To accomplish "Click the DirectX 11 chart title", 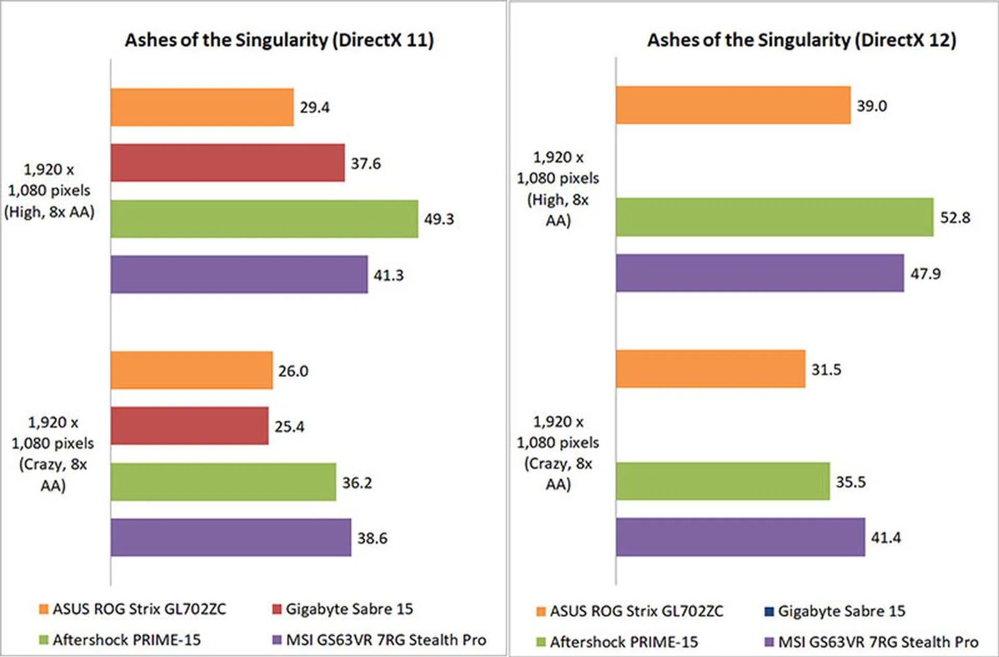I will tap(279, 40).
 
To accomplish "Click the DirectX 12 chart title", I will tap(802, 40).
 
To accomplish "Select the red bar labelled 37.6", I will tap(227, 163).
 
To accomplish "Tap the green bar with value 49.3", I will tap(264, 219).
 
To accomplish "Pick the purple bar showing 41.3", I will tap(239, 274).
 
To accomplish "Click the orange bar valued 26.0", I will tap(191, 370).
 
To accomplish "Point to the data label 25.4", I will tap(289, 427).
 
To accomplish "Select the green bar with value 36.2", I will tap(223, 482).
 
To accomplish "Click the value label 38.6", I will tap(372, 538).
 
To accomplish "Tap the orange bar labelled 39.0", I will tap(733, 105).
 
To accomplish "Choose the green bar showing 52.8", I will tap(774, 217).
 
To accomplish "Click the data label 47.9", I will tap(925, 274).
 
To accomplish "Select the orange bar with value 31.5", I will tap(710, 369).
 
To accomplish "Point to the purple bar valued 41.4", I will tap(740, 537).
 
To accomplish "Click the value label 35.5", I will tap(851, 482).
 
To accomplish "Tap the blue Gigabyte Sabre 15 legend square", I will tap(769, 611).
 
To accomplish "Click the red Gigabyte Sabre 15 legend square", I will tap(277, 609).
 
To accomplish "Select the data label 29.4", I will tap(314, 107).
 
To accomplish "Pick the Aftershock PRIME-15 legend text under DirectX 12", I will tap(624, 642).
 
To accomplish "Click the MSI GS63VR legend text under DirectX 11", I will tap(386, 640).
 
